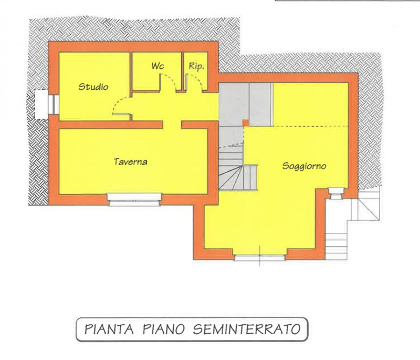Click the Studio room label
pos(93,87)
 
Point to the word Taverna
pos(130,162)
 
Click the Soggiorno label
pos(304,166)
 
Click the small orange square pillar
pos(245,123)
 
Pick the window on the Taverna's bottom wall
pos(133,198)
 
